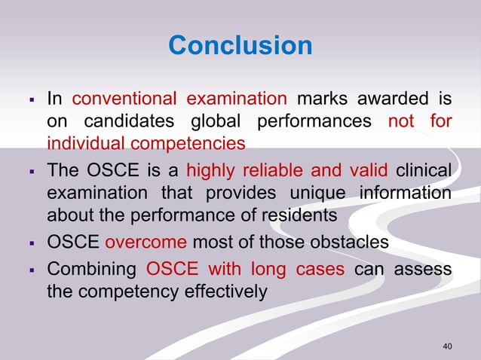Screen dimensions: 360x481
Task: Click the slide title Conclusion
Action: pyautogui.click(x=240, y=46)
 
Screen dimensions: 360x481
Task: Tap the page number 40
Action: pyautogui.click(x=448, y=346)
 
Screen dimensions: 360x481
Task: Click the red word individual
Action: pyautogui.click(x=84, y=142)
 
